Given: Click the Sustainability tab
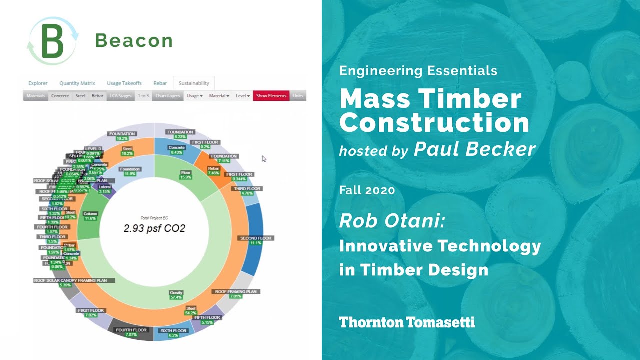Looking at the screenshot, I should pos(193,83).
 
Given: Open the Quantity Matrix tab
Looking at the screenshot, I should pos(77,83).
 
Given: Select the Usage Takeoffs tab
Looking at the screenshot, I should pos(124,83).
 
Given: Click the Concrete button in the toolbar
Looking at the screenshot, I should pos(60,96).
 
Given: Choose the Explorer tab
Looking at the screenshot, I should pos(38,83).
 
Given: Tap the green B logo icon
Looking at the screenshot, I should pos(53,41).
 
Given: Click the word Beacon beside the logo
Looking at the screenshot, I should pos(134,41).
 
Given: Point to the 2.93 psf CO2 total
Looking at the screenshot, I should pos(154,229).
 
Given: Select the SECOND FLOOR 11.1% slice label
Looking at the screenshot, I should pos(255,240).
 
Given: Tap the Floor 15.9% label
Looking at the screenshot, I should pos(186,175).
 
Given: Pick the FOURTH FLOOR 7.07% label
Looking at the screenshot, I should pos(131,332).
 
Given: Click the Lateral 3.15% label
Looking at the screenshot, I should pos(105,189).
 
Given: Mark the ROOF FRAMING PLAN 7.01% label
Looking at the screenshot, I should pos(235,293).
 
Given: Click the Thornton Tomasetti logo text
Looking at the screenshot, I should pos(407,322).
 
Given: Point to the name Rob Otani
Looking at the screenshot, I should pos(392,221).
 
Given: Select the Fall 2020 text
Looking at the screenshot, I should pos(367,190).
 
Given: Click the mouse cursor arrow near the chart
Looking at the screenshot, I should pos(264,159).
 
